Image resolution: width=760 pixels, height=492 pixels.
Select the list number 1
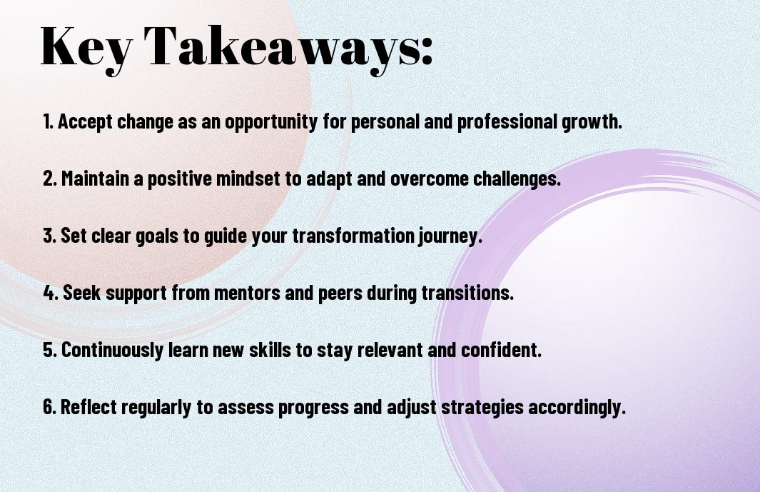47,121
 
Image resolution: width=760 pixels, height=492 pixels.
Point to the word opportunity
270,122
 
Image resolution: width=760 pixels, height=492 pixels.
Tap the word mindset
248,179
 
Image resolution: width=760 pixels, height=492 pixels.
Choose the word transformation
353,236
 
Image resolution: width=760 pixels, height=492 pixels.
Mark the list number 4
50,293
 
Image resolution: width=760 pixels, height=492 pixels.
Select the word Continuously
112,351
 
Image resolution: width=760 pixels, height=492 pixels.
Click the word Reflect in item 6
88,406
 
